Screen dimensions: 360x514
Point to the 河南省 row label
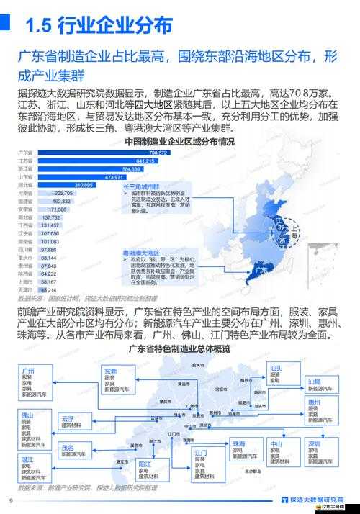(27, 193)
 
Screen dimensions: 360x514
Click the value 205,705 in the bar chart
(63, 193)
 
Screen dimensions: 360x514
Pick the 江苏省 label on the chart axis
(27, 161)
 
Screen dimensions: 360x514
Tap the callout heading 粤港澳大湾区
(140, 253)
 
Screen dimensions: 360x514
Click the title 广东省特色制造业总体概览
(179, 350)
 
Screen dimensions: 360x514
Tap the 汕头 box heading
(274, 367)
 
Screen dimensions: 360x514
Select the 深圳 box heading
(313, 444)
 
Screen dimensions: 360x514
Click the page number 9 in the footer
(11, 502)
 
